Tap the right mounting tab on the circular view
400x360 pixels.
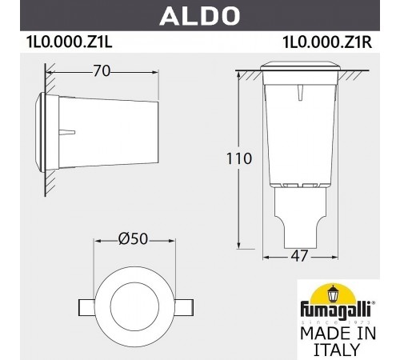click(184, 307)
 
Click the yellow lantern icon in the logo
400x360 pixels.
click(337, 293)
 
